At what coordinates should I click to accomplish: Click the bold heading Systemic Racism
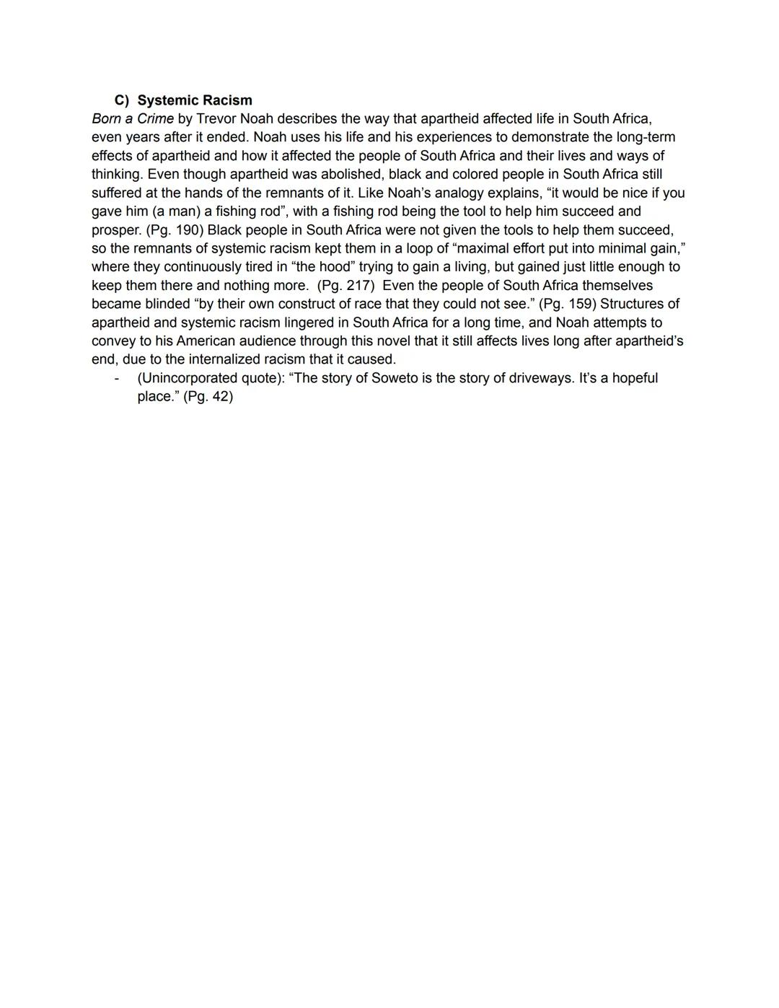[195, 100]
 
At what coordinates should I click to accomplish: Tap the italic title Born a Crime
[133, 118]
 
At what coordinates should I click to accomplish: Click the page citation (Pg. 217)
[346, 286]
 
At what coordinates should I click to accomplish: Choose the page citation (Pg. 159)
[568, 304]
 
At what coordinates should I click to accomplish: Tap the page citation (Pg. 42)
[208, 397]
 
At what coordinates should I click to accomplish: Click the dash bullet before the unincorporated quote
[116, 378]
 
